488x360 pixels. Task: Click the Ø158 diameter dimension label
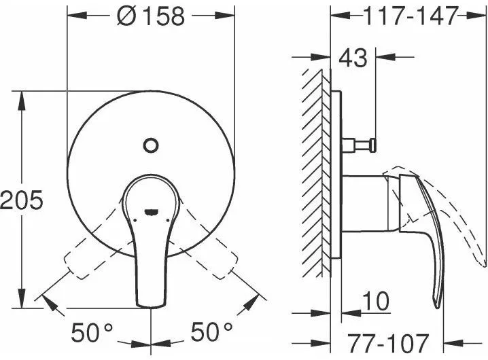[x=151, y=16]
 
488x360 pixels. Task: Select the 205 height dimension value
[x=22, y=200]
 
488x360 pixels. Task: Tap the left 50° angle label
[x=92, y=332]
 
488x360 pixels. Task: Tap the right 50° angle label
[x=211, y=331]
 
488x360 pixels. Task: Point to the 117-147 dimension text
[x=411, y=16]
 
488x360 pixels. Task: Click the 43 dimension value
[x=353, y=58]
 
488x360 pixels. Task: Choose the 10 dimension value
[x=376, y=301]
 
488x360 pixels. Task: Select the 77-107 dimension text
[x=388, y=344]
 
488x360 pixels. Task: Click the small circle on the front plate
[x=151, y=145]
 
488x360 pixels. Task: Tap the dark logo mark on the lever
[x=152, y=212]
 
